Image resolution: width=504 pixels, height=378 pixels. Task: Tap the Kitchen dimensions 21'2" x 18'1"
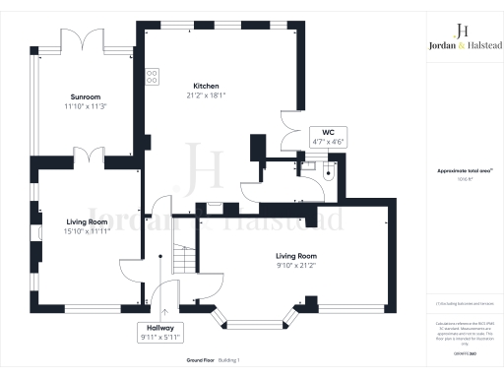(x=206, y=95)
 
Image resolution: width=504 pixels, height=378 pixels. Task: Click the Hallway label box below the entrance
(x=161, y=332)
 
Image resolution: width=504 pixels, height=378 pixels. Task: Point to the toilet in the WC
(x=329, y=171)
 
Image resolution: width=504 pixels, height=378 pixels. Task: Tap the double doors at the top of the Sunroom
(x=81, y=41)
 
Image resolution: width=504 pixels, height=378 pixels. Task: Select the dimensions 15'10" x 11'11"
(x=87, y=231)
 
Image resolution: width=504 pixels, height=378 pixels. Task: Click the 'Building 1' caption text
(x=230, y=361)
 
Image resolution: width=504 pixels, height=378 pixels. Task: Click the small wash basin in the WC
(x=309, y=167)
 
